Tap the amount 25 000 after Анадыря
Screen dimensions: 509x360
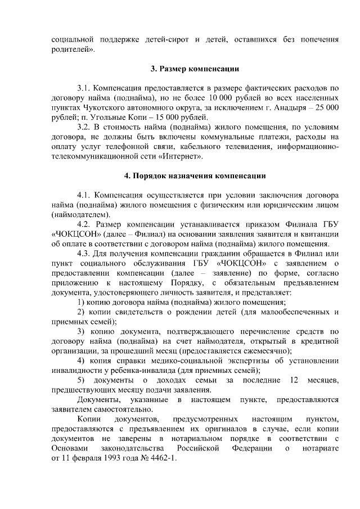click(x=326, y=107)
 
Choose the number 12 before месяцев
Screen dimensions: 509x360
click(x=294, y=380)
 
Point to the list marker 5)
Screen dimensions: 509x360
click(x=81, y=380)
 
